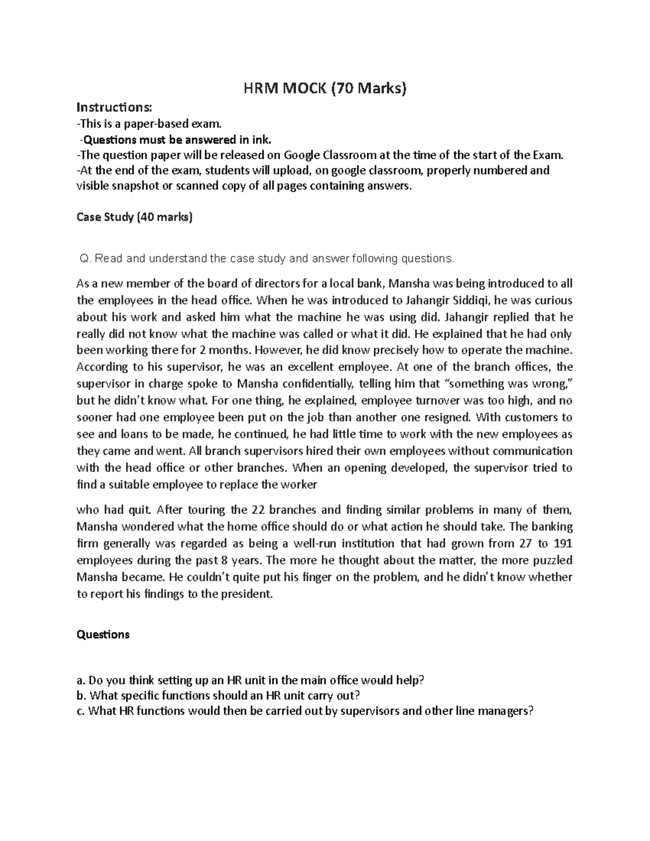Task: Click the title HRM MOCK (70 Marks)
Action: click(324, 88)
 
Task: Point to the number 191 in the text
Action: click(563, 543)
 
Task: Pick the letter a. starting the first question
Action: click(81, 680)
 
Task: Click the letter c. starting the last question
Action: click(81, 712)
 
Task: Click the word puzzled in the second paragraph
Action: click(553, 560)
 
